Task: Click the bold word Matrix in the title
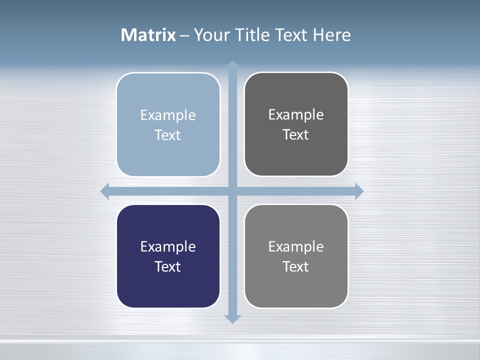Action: [x=148, y=35]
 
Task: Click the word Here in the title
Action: [x=331, y=35]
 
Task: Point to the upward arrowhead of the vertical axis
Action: [x=232, y=64]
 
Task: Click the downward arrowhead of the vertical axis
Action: [x=232, y=319]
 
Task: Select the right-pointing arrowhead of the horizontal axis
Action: [x=359, y=191]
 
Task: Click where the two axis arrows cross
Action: [x=232, y=191]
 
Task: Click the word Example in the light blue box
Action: [x=168, y=115]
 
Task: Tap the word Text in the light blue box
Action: [x=168, y=135]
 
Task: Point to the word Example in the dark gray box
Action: [x=296, y=114]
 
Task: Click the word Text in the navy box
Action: [x=168, y=266]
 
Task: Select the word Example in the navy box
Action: [x=168, y=246]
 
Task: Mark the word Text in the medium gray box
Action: [x=296, y=266]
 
